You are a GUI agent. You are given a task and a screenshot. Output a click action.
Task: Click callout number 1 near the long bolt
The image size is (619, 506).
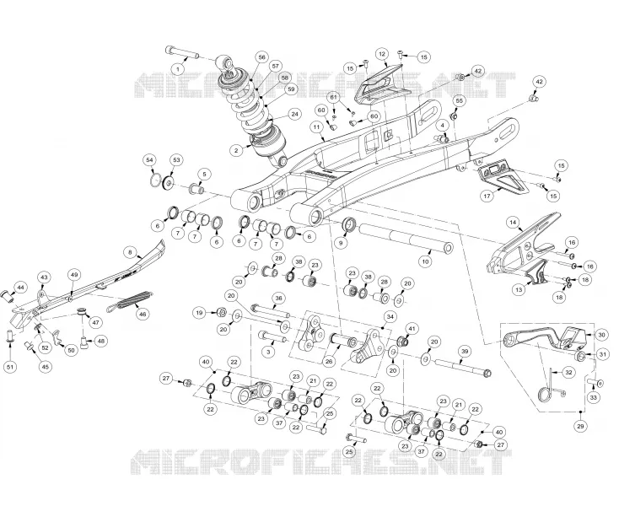[178, 69]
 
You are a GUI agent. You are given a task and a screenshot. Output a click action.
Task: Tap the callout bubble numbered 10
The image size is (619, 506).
[425, 261]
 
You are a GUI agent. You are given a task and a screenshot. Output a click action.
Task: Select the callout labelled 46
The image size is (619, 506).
[143, 315]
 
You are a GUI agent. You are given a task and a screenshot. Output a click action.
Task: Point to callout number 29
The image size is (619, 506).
[580, 426]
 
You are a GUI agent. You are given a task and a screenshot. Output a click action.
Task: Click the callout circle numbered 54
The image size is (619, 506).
[149, 160]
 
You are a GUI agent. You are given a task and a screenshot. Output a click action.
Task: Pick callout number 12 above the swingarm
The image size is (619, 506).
[381, 54]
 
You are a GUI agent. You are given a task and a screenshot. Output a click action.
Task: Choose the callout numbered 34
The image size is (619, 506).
[390, 316]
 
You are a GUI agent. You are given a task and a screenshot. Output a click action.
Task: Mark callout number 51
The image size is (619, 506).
[11, 367]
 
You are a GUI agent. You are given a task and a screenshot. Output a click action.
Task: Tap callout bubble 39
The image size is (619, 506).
[465, 352]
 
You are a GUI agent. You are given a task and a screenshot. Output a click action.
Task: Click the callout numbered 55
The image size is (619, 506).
[459, 101]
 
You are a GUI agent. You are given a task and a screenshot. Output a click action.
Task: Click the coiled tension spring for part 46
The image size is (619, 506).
[131, 301]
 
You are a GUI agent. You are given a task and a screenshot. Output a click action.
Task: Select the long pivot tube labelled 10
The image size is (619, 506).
[406, 240]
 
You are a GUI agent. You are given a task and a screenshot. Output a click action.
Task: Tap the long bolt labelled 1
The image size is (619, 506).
[181, 52]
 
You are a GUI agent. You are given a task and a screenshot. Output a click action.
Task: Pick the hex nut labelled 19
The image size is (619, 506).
[222, 313]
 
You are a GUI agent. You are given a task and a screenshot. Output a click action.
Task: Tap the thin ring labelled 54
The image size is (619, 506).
[158, 181]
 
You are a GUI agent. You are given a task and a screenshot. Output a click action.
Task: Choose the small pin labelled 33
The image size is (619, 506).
[595, 382]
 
